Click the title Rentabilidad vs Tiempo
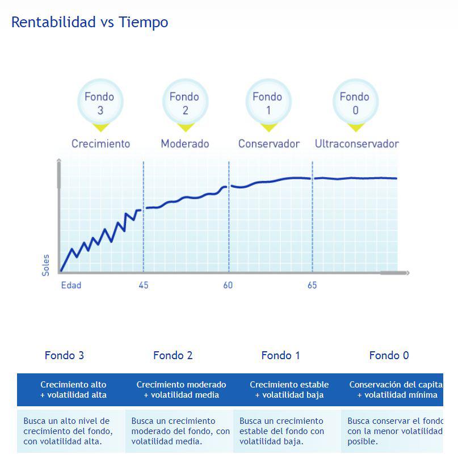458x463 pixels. (90, 22)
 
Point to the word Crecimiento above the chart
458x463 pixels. (100, 144)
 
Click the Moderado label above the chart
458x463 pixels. (185, 144)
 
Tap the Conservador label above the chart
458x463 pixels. (268, 144)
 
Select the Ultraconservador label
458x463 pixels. (356, 144)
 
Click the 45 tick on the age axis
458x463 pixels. (144, 285)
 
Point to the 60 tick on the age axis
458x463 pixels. (228, 285)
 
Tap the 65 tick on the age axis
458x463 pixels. (312, 285)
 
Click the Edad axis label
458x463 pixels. (71, 285)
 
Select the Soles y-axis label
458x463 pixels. (46, 265)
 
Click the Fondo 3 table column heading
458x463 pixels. (64, 355)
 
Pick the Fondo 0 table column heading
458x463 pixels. (389, 355)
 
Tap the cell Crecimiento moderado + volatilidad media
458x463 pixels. (181, 390)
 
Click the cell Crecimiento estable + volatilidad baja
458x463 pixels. (289, 390)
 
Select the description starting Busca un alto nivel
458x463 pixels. (68, 431)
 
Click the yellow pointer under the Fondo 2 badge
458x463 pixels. (185, 127)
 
